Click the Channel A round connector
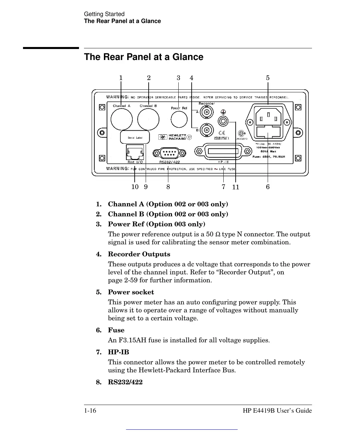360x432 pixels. click(121, 119)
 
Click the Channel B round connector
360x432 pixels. click(148, 119)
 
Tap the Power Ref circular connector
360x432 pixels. click(179, 119)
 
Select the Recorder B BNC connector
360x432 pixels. click(207, 129)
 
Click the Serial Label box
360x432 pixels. click(135, 137)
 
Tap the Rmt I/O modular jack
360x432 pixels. click(135, 152)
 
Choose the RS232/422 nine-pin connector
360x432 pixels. click(169, 153)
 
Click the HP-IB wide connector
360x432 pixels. click(223, 151)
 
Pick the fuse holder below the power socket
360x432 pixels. click(268, 133)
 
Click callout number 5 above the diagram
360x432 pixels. click(268, 78)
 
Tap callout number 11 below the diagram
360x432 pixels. click(236, 187)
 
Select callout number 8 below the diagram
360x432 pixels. click(168, 187)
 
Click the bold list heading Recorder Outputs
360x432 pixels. click(139, 254)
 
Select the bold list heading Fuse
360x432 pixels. click(116, 330)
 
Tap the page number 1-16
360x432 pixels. click(90, 411)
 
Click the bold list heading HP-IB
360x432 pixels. click(118, 352)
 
